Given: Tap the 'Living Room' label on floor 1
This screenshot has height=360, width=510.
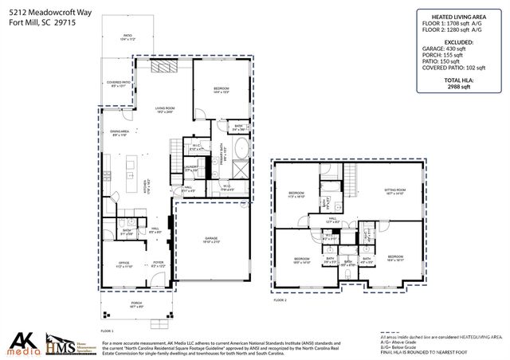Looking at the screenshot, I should [165, 109].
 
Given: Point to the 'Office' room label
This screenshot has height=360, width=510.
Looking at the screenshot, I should [124, 264].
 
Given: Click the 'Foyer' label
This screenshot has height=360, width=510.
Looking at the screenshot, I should [159, 264].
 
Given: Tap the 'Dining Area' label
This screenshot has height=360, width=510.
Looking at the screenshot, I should [120, 133].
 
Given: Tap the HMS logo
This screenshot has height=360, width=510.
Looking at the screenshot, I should [69, 343].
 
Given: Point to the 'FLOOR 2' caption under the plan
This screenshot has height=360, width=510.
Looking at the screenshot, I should [280, 300].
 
